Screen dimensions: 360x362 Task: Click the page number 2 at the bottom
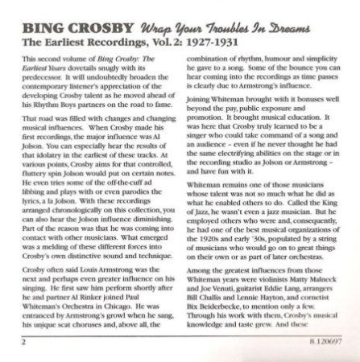(x=27, y=341)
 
